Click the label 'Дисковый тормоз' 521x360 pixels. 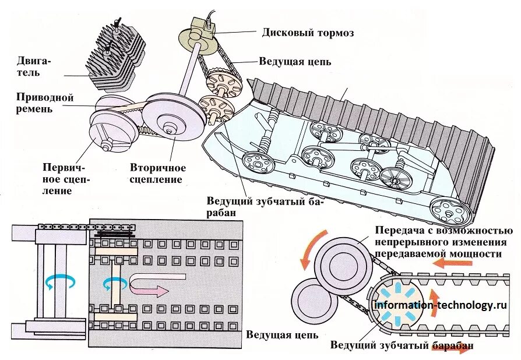pos(308,33)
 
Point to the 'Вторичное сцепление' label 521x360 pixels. pos(156,174)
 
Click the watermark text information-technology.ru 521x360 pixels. pos(440,305)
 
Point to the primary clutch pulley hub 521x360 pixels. pos(107,144)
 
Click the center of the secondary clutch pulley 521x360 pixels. pos(168,129)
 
